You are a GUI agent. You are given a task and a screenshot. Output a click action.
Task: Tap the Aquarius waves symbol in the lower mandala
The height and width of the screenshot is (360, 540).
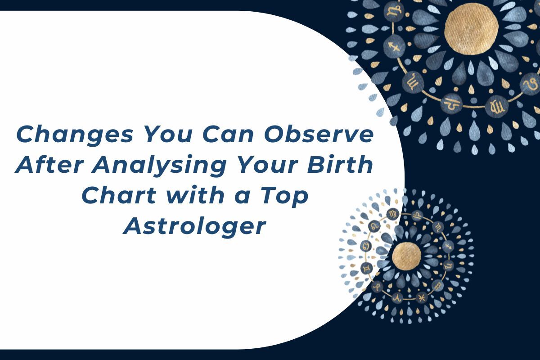coord(437,286)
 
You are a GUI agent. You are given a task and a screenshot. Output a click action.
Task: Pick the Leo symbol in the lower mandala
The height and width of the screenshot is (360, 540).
coord(374,225)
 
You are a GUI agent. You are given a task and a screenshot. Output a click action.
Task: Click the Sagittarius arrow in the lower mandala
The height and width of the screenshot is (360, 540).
coord(448,246)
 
